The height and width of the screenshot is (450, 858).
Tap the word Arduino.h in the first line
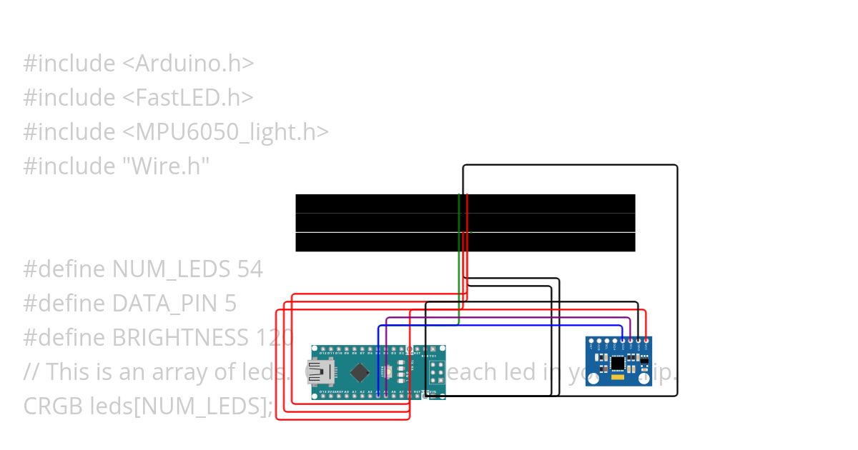tap(189, 63)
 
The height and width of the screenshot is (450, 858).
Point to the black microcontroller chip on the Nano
tap(361, 372)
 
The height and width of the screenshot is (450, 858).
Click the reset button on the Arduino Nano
tap(386, 372)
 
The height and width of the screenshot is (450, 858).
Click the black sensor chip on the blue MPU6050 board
tap(618, 364)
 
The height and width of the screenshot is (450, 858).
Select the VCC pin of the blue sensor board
tap(646, 341)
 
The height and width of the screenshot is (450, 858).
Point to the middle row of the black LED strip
tap(465, 223)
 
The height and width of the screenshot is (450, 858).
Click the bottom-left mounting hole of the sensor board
tap(592, 380)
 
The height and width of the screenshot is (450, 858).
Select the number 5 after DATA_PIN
tap(230, 304)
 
